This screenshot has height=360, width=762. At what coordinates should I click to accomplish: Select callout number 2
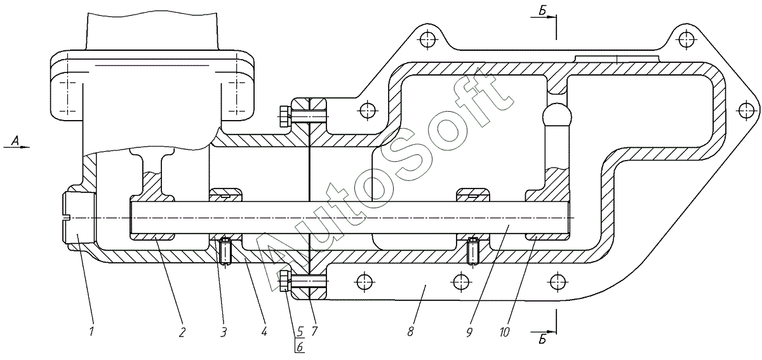tap(182, 330)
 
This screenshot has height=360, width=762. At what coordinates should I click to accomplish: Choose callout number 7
tap(314, 330)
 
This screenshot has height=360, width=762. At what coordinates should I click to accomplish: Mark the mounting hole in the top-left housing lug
tap(427, 40)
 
